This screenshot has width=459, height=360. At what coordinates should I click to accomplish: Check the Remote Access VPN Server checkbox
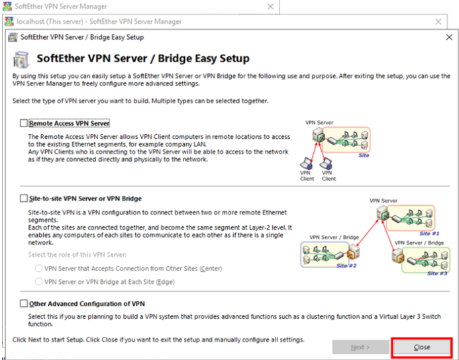coord(24,123)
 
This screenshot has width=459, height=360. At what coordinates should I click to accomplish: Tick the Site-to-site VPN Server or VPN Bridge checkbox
coord(24,199)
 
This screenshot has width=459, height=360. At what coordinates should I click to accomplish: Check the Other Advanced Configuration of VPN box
coord(24,304)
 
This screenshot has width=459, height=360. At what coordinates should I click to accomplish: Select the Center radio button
coord(38,268)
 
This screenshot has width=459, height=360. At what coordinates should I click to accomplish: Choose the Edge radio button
coord(38,282)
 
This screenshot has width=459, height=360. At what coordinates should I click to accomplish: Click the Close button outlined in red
coord(421,347)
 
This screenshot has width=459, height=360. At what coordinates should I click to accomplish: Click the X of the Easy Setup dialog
coord(449,37)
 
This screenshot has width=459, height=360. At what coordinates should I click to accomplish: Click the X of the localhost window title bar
coord(438,22)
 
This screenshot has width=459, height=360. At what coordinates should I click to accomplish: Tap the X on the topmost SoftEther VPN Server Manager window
coord(270,7)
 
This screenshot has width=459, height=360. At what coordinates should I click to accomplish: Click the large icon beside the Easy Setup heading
coord(21,60)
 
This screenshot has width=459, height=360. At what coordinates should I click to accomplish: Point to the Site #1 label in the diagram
coord(429,234)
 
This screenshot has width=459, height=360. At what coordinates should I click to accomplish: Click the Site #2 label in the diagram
coord(346,265)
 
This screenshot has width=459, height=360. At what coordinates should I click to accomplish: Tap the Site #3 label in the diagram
coord(437,273)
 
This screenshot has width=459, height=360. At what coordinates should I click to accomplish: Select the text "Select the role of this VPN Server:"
coord(77,255)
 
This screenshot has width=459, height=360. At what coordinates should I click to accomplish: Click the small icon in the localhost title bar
coord(9,21)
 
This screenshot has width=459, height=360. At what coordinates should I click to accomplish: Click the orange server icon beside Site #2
coord(353,252)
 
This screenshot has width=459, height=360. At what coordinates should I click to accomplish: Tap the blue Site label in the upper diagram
coord(364,156)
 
